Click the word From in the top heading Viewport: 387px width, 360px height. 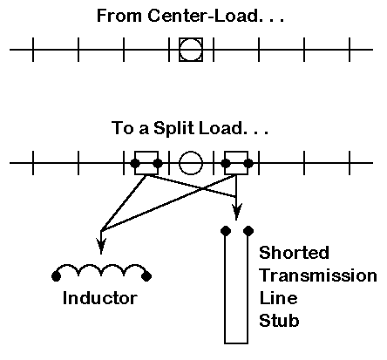[119, 16]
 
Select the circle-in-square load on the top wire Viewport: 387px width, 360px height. [191, 50]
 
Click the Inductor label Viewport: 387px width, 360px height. [100, 298]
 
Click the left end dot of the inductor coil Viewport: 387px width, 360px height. [56, 276]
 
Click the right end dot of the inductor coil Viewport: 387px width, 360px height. [146, 276]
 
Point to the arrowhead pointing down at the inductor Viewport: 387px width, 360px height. [101, 247]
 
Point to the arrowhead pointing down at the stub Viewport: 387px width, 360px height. [236, 212]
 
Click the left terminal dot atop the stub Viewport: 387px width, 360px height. [226, 231]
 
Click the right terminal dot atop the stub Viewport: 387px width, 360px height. [248, 231]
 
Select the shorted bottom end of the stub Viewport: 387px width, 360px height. [236, 343]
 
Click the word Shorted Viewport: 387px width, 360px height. [294, 253]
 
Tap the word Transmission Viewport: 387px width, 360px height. [318, 275]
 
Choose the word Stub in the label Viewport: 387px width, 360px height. [279, 321]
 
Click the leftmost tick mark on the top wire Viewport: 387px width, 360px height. [33, 50]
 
